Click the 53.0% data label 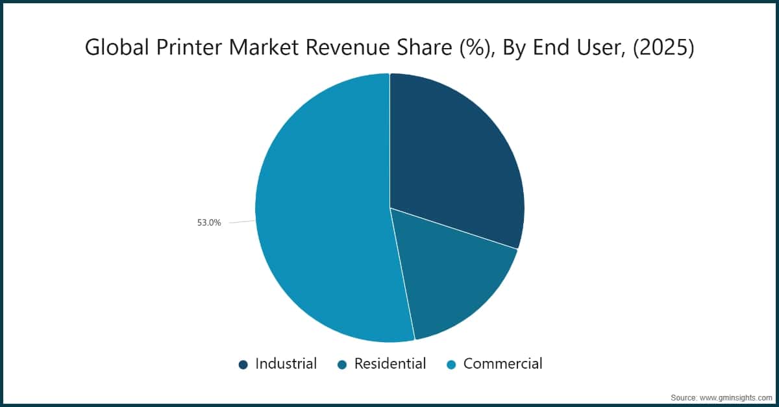tap(209, 223)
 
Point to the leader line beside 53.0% tap(242, 221)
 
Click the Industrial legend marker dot tap(243, 365)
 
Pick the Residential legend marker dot tap(343, 365)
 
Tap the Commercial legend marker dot tap(451, 365)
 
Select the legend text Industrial tap(286, 364)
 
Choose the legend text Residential tap(390, 364)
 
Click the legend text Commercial tap(503, 364)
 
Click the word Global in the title tap(117, 47)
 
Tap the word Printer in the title tap(189, 47)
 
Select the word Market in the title tap(264, 47)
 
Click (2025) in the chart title tap(663, 47)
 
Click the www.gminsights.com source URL tap(736, 398)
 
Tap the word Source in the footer tap(683, 398)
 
